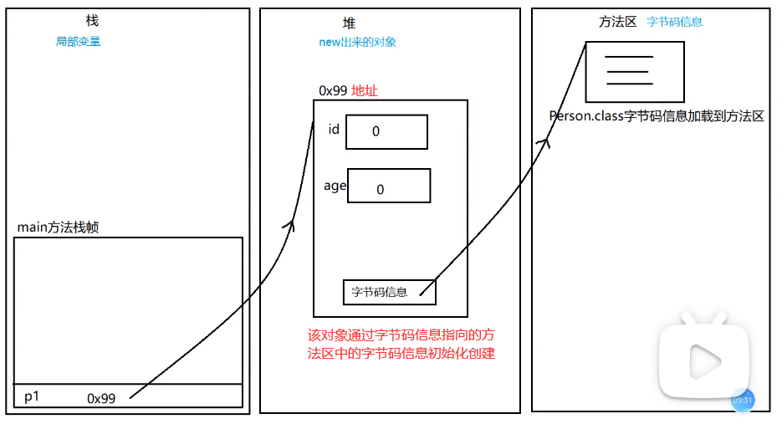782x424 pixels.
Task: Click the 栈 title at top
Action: [93, 21]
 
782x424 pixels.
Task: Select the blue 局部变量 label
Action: [78, 41]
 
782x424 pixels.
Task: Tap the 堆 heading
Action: [349, 23]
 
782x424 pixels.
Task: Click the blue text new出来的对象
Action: [357, 42]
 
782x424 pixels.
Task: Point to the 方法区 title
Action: [617, 22]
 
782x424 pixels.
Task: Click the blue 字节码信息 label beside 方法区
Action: [674, 22]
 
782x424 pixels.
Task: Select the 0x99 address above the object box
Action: [333, 90]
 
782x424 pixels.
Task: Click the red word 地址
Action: [365, 90]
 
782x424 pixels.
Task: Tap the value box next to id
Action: [386, 131]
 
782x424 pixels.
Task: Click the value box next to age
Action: [389, 186]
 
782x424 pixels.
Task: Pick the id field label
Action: [334, 129]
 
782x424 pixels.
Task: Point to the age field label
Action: [335, 186]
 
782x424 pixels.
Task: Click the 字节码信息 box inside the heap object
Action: [389, 292]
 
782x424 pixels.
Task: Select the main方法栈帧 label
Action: [58, 227]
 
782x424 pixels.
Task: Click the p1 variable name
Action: [32, 396]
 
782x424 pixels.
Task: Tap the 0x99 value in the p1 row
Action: [101, 399]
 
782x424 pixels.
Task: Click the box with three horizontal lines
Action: [634, 71]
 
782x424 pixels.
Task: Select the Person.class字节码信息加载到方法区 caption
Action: [656, 116]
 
